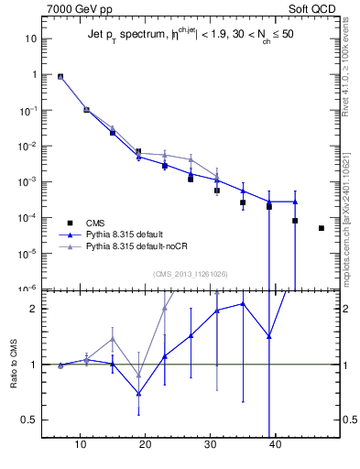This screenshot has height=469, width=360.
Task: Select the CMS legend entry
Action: (x=93, y=223)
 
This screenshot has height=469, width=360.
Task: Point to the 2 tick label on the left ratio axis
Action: (x=33, y=309)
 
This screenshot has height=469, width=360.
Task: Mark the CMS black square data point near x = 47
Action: (x=322, y=228)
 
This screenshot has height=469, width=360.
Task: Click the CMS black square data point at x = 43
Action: (x=295, y=221)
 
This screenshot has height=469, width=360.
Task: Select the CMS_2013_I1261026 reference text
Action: (x=189, y=274)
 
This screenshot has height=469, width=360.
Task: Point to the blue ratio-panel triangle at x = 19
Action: (x=139, y=394)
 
